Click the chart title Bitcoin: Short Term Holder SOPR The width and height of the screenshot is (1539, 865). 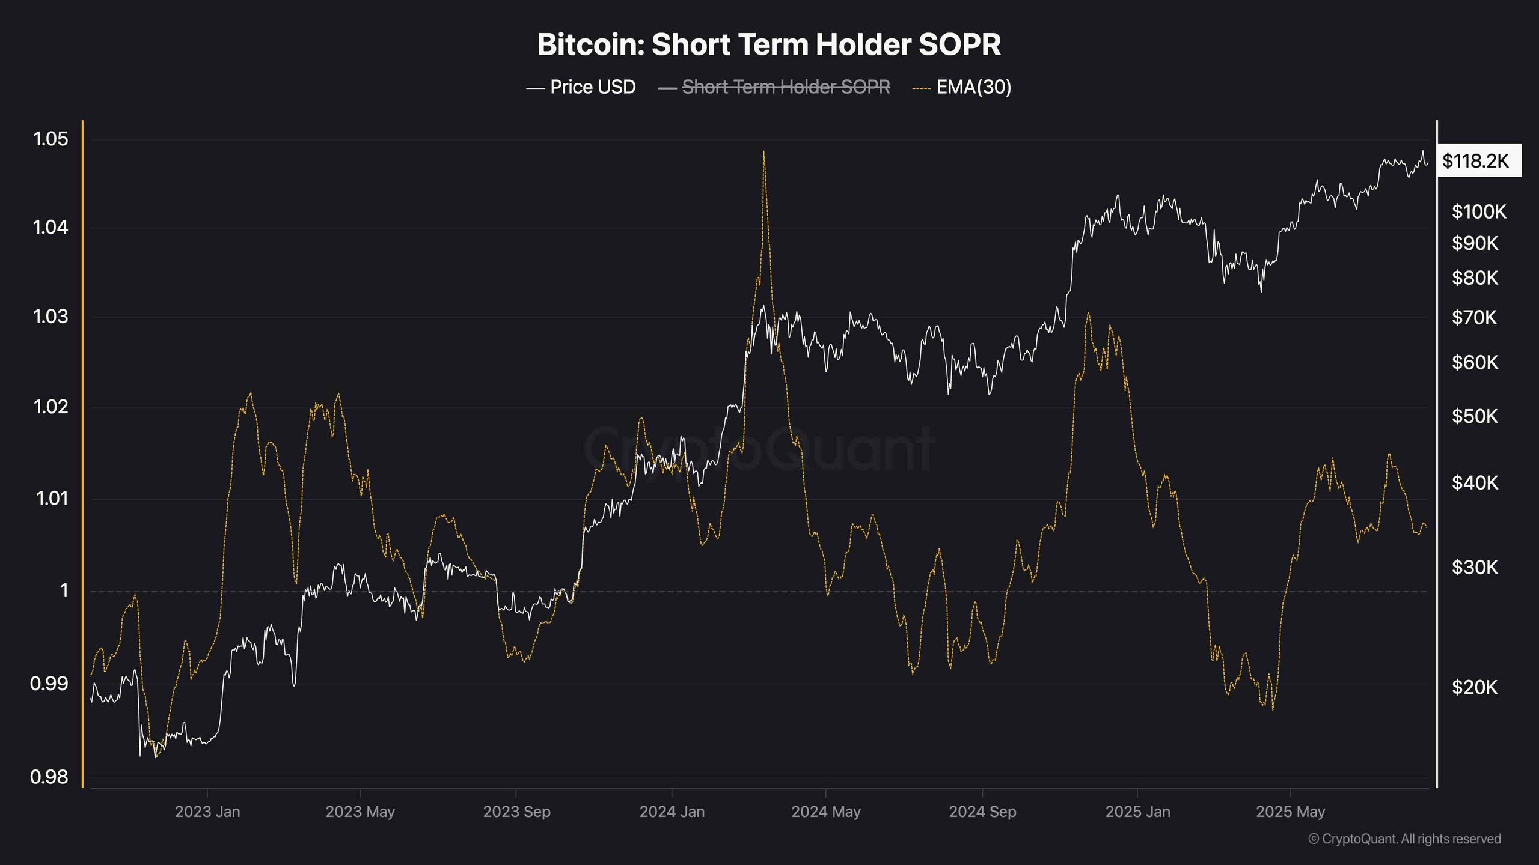click(769, 45)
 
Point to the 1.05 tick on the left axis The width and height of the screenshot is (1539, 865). click(51, 139)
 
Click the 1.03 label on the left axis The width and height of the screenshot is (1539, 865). click(51, 317)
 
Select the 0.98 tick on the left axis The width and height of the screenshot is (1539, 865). click(49, 777)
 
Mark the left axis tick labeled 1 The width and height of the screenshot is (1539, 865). click(64, 591)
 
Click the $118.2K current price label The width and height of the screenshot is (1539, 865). click(1476, 161)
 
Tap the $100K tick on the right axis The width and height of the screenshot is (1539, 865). click(1479, 211)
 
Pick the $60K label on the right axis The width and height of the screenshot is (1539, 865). click(1475, 362)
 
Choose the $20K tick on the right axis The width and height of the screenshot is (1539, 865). click(1475, 687)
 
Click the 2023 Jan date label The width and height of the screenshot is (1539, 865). click(207, 812)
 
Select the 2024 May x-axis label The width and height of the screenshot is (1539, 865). click(825, 812)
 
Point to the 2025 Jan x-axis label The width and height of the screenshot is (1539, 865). click(1137, 812)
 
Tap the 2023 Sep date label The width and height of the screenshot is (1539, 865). click(516, 812)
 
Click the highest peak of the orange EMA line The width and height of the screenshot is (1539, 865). click(763, 152)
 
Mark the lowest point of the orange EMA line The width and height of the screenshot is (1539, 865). click(156, 757)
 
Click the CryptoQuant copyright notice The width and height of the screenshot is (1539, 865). click(1404, 839)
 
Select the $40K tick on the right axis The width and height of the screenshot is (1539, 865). click(1475, 482)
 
